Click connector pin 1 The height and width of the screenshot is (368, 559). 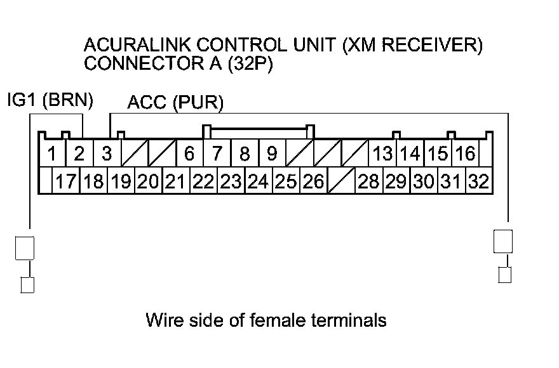click(x=53, y=154)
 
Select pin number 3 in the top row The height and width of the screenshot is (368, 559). click(x=107, y=154)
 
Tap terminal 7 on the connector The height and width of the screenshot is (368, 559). click(x=217, y=154)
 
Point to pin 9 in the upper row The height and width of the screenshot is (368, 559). click(x=272, y=154)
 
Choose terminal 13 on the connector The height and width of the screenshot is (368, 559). click(x=382, y=154)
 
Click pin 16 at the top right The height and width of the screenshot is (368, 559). click(x=465, y=154)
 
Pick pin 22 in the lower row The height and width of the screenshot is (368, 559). click(x=203, y=182)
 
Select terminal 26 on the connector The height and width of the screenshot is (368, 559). click(x=313, y=182)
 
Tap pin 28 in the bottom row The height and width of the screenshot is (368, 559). click(x=368, y=182)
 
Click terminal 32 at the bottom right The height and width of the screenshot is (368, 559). click(x=478, y=182)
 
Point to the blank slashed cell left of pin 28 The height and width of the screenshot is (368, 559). click(x=341, y=182)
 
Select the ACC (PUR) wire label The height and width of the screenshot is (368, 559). click(x=175, y=103)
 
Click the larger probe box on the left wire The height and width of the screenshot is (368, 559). click(x=25, y=247)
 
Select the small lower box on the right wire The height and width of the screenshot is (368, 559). click(x=504, y=275)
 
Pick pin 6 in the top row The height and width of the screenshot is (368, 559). click(x=189, y=154)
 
